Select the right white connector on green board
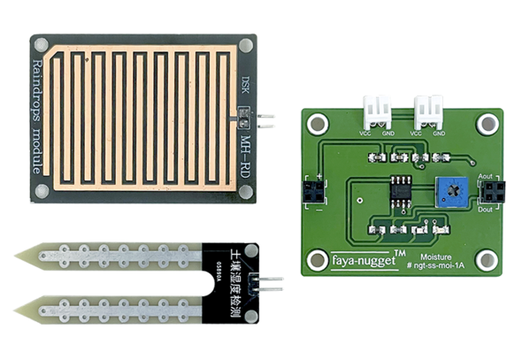[428, 111]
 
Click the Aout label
[484, 177]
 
